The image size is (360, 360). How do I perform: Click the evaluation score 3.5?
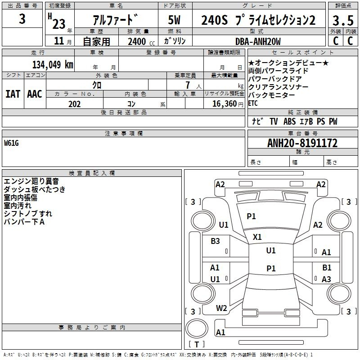point(343,20)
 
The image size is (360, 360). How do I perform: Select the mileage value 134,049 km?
point(53,64)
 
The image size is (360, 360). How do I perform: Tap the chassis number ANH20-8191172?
point(302,144)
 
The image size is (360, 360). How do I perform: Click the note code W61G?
point(12,143)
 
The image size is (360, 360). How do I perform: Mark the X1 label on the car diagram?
point(257,237)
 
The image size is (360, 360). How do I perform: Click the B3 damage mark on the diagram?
point(215,241)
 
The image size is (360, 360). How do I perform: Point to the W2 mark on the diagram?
point(221,308)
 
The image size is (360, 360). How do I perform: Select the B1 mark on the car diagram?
point(327,268)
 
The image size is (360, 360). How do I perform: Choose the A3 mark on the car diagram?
point(326,279)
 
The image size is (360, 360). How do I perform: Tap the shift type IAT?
point(13,94)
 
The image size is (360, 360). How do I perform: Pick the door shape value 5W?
point(174,20)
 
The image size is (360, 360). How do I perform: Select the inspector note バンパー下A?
point(24,222)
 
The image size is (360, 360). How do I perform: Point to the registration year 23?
point(59,22)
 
